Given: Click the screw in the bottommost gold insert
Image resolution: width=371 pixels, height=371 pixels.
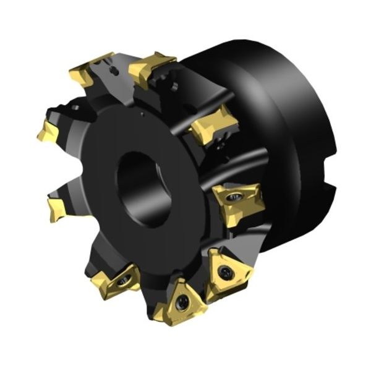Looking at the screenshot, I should coord(182,302).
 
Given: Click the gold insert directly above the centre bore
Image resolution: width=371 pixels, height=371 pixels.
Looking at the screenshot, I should coord(151,68).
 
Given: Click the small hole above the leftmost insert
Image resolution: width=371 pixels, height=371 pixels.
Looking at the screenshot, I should coord(67,112).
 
